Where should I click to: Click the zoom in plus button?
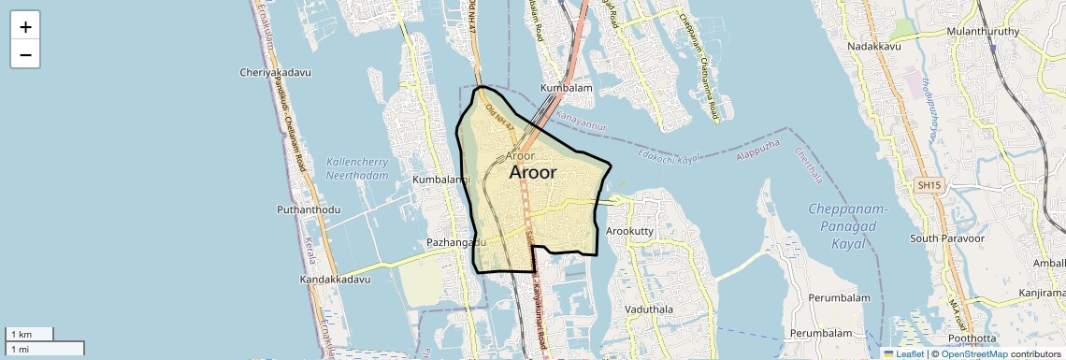pos(25,26)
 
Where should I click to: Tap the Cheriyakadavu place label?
pos(275,72)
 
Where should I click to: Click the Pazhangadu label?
pos(457,242)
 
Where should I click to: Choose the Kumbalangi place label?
pos(440,179)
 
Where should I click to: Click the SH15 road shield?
pos(929,186)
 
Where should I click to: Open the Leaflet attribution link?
pos(903,353)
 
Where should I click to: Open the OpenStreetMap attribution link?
pos(974,353)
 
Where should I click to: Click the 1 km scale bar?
pos(29,334)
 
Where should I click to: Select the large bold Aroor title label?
pos(533,173)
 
